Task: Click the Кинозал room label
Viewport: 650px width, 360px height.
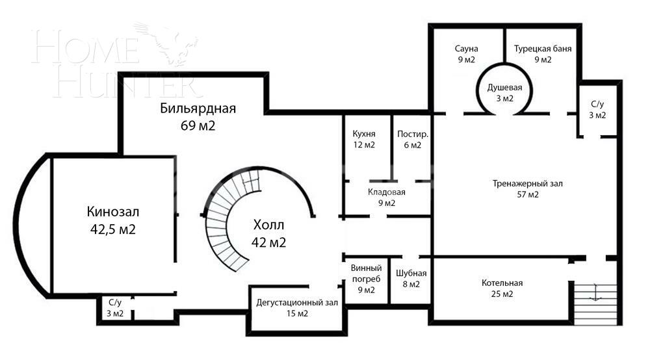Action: [113, 212]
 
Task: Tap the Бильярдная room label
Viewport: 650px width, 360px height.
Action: [198, 109]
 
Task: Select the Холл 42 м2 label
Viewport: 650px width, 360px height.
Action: [268, 233]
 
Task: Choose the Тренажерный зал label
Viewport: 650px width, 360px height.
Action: [527, 183]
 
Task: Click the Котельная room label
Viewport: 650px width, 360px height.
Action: [502, 283]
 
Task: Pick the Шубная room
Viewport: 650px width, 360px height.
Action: [411, 278]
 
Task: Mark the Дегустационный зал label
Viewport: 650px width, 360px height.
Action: [296, 302]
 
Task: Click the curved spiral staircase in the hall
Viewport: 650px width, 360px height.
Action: [224, 221]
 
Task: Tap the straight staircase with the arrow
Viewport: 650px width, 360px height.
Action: [594, 299]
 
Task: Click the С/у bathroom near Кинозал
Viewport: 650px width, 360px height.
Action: [115, 308]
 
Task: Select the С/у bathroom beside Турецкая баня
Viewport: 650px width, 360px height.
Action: [597, 110]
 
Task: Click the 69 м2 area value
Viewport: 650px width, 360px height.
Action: [198, 125]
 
